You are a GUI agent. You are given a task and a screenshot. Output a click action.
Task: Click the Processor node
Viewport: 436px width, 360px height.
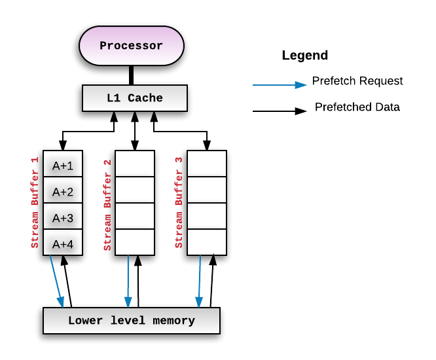click(x=131, y=46)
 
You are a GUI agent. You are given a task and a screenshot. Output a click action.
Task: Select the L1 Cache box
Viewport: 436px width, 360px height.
click(x=135, y=98)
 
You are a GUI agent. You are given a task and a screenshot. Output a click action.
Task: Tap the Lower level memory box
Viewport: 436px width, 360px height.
click(x=131, y=321)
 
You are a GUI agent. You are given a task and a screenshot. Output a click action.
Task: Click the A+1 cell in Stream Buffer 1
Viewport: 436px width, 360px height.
click(x=63, y=166)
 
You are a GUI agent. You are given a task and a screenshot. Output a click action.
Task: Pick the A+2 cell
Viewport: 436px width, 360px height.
click(x=63, y=192)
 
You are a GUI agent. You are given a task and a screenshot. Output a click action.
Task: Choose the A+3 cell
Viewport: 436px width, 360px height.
click(x=63, y=217)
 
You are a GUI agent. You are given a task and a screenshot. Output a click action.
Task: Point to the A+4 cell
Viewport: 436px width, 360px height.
click(x=63, y=243)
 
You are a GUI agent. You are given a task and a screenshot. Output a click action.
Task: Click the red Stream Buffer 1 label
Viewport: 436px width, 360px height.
click(x=35, y=202)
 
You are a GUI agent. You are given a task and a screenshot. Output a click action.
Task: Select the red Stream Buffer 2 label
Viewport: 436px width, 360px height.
click(x=108, y=202)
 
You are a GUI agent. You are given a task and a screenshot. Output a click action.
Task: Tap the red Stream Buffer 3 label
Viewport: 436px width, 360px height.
click(x=179, y=202)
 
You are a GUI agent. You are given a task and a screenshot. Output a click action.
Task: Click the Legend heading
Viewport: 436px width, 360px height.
click(x=304, y=56)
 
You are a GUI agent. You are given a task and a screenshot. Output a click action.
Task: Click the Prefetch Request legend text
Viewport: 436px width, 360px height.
click(x=357, y=81)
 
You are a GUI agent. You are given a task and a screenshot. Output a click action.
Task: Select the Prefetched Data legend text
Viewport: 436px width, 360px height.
click(x=357, y=107)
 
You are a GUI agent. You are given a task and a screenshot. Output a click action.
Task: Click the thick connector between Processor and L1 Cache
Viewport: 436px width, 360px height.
click(x=132, y=75)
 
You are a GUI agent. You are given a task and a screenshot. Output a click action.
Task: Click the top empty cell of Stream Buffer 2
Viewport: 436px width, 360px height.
click(x=135, y=164)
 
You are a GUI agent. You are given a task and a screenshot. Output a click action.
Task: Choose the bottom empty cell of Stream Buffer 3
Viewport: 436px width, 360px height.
click(x=207, y=242)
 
